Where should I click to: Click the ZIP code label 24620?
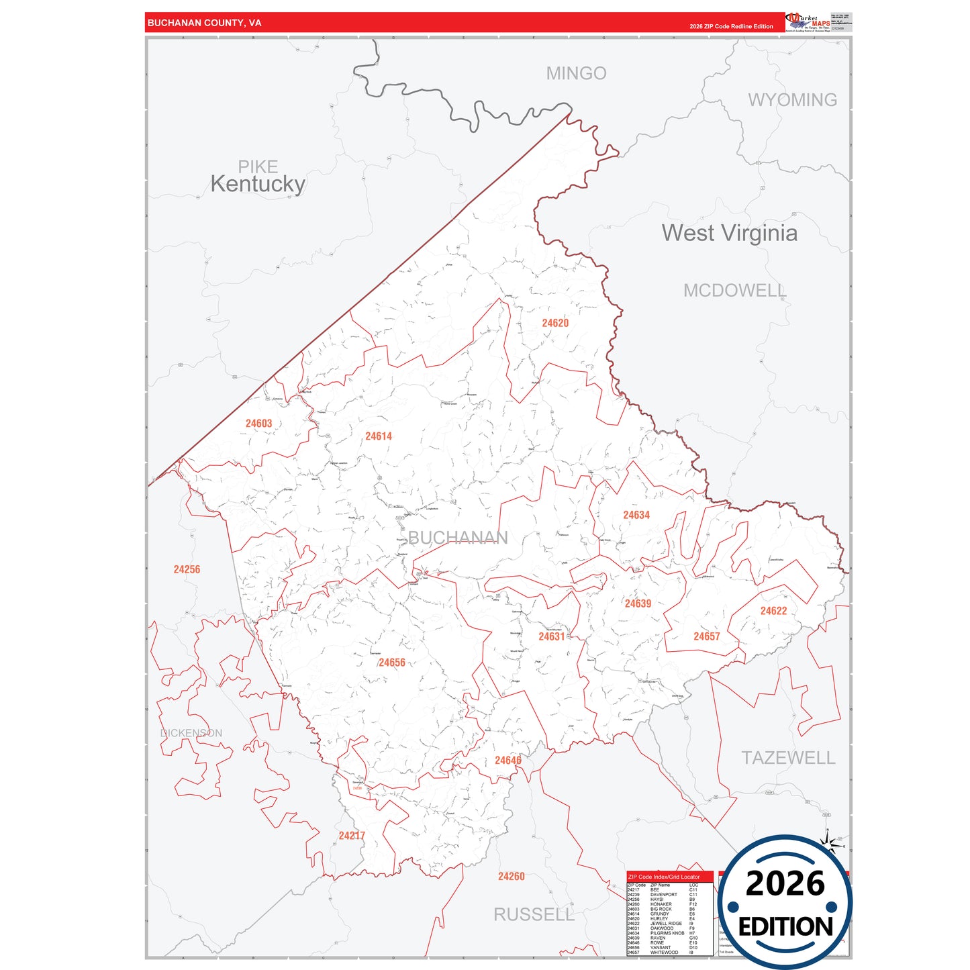tap(555, 323)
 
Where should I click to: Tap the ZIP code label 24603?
tap(258, 424)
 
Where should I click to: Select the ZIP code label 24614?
tap(379, 436)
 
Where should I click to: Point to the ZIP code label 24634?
tap(636, 515)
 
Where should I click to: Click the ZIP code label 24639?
tap(638, 603)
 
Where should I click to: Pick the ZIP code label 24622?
tap(773, 611)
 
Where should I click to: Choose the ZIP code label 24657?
tap(706, 636)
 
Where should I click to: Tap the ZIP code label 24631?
tap(551, 636)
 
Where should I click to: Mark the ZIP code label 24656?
tap(392, 663)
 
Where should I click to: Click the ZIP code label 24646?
tap(507, 761)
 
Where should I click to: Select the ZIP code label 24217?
tap(352, 836)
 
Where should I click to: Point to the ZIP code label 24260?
tap(511, 877)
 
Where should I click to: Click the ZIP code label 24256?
tap(187, 569)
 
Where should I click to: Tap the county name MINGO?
tap(576, 73)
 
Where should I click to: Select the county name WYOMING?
tap(792, 100)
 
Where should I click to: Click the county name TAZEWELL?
tap(788, 758)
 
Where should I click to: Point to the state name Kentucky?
tap(258, 184)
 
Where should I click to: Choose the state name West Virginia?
tap(730, 233)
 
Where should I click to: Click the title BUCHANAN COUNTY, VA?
tap(204, 23)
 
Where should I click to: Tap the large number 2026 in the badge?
tap(785, 883)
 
